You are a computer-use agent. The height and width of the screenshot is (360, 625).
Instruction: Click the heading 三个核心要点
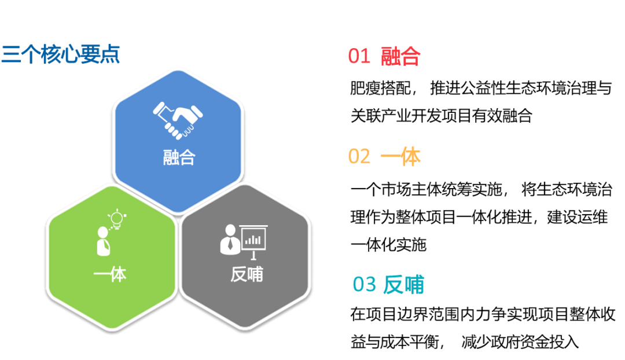click(60, 55)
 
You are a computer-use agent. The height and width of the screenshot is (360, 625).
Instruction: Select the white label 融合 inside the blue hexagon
click(179, 157)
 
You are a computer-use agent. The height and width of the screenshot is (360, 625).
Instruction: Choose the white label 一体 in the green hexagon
click(110, 274)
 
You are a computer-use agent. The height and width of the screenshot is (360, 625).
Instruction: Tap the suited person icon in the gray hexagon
click(230, 238)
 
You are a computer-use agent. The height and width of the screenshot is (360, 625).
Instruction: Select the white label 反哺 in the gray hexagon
click(247, 274)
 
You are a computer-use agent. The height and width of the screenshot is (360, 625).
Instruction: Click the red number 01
click(359, 56)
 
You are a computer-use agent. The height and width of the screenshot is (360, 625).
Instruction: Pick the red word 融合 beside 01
click(400, 56)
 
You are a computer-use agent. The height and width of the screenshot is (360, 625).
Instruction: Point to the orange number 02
click(359, 156)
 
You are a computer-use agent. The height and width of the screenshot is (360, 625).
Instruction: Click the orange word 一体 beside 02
click(400, 156)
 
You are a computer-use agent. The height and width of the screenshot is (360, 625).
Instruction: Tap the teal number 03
click(364, 285)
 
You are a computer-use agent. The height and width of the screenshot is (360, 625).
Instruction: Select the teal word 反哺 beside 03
click(404, 285)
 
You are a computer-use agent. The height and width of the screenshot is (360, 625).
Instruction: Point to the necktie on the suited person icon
click(230, 244)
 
